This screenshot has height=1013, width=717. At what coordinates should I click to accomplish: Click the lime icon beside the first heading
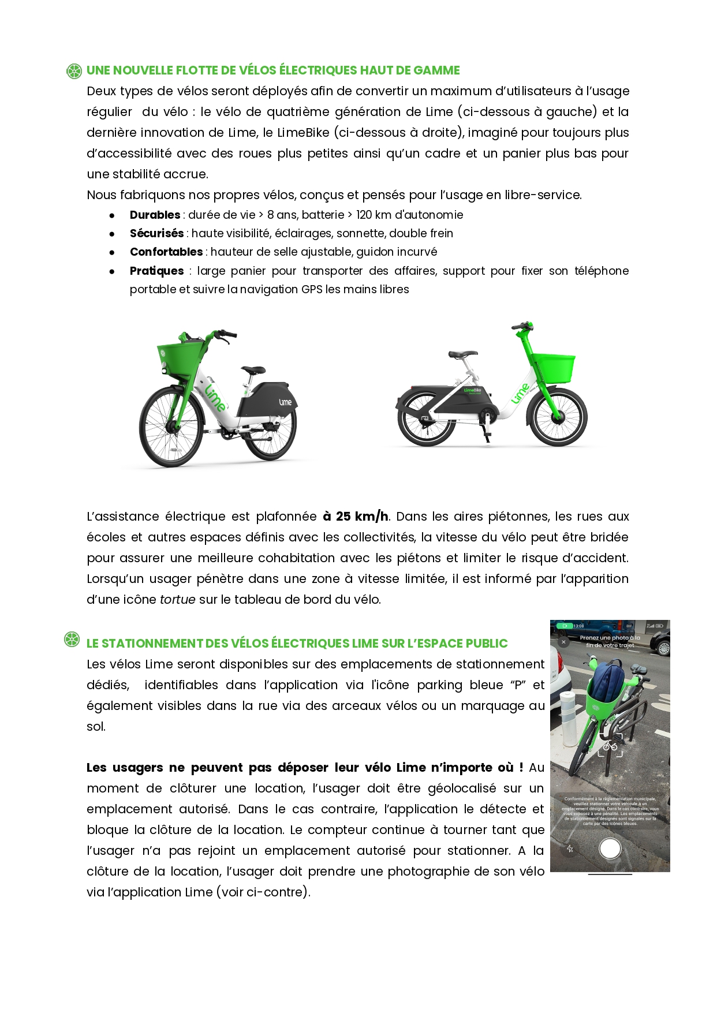point(74,71)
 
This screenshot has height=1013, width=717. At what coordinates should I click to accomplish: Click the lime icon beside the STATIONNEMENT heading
point(72,640)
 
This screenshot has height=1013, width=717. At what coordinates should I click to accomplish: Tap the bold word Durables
point(155,215)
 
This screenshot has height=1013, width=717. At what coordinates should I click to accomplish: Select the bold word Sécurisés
point(156,233)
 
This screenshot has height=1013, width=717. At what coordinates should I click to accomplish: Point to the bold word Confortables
point(166,252)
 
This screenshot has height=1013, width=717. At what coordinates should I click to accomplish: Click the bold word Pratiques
point(156,271)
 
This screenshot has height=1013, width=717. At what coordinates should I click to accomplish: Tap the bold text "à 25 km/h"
point(356,516)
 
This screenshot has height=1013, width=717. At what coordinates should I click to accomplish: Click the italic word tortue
point(177,599)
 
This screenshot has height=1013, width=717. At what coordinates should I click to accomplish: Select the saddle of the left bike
point(253,369)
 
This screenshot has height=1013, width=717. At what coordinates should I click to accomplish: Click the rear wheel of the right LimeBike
point(427,418)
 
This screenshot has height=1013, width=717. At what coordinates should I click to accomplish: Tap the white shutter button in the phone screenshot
point(610,848)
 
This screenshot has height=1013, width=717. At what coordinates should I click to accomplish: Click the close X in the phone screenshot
point(564,642)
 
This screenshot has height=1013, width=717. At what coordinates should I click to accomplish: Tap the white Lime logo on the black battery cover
point(285,402)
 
